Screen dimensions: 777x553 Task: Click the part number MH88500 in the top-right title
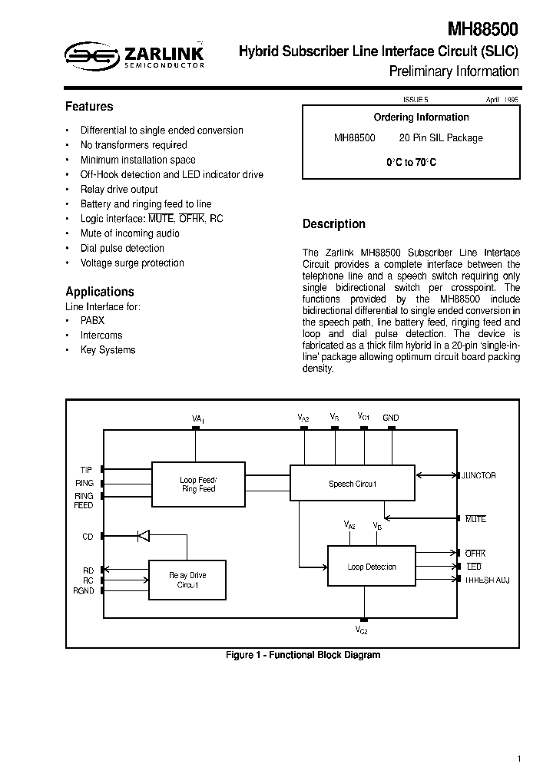pyautogui.click(x=483, y=30)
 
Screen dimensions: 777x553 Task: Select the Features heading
pyautogui.click(x=89, y=107)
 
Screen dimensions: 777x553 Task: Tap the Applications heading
pyautogui.click(x=100, y=292)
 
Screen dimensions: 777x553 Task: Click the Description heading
pyautogui.click(x=334, y=224)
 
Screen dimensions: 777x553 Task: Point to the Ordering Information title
pyautogui.click(x=421, y=117)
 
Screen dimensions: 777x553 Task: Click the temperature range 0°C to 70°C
pyautogui.click(x=411, y=163)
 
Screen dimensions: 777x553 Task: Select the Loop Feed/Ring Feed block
pyautogui.click(x=198, y=484)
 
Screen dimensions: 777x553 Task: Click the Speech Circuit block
pyautogui.click(x=353, y=484)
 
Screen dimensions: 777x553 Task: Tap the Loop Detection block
pyautogui.click(x=372, y=567)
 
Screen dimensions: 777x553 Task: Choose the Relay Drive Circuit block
pyautogui.click(x=187, y=580)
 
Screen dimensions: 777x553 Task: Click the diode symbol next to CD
pyautogui.click(x=143, y=536)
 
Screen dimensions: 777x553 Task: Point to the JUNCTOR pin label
pyautogui.click(x=479, y=476)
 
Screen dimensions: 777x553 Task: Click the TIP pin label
pyautogui.click(x=86, y=469)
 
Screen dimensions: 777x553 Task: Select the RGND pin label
pyautogui.click(x=84, y=591)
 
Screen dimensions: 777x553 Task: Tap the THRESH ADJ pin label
pyautogui.click(x=487, y=580)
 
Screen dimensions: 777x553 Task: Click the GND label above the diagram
pyautogui.click(x=391, y=418)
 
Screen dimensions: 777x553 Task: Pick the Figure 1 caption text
pyautogui.click(x=303, y=655)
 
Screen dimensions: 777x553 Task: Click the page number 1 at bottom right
pyautogui.click(x=519, y=759)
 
